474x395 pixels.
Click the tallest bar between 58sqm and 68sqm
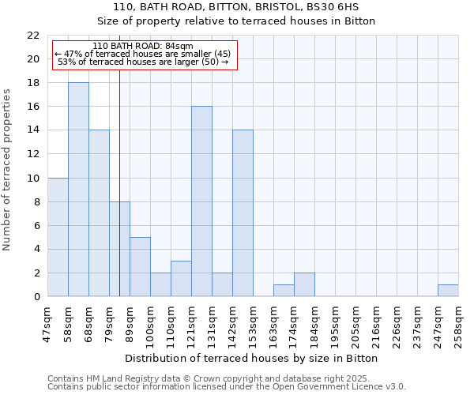[x=78, y=190]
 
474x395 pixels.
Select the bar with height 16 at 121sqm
[x=201, y=201]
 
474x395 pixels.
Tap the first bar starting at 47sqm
[x=58, y=237]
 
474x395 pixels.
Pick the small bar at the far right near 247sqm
[x=448, y=291]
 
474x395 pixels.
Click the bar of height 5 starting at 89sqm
[x=140, y=267]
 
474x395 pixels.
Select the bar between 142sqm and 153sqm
[x=243, y=213]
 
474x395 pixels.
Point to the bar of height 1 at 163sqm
[x=284, y=291]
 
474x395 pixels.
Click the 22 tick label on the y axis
[x=32, y=36]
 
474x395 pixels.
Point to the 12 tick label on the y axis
[x=32, y=154]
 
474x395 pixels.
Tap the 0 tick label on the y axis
[x=36, y=297]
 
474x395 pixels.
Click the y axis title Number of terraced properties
[x=8, y=170]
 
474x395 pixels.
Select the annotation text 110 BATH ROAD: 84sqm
[x=142, y=47]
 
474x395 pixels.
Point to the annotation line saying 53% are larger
[x=143, y=62]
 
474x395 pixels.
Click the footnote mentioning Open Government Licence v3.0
[x=227, y=387]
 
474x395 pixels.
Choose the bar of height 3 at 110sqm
[x=181, y=279]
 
